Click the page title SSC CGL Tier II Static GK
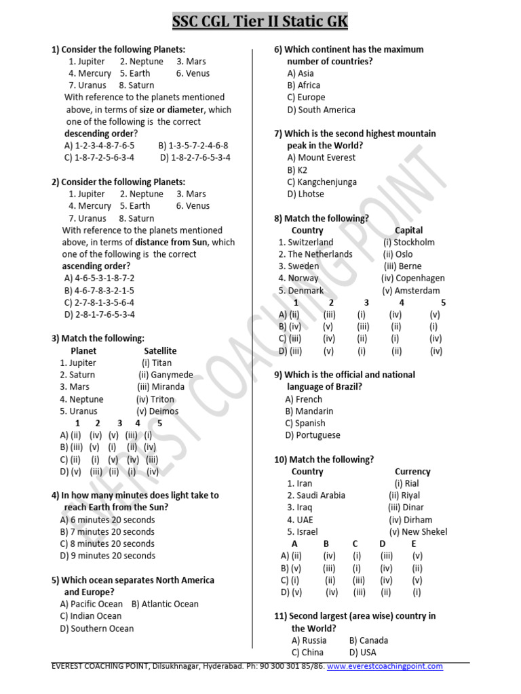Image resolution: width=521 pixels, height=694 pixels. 260,22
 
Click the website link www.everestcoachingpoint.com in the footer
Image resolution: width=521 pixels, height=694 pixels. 385,666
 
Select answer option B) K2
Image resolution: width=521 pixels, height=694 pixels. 297,169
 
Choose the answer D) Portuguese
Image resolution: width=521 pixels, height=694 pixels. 313,435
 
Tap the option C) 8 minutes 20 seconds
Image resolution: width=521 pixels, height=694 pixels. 107,544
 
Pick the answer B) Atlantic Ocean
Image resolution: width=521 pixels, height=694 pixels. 165,604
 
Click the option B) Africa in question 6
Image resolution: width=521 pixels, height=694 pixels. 303,85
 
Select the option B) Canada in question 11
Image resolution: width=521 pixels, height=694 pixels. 368,640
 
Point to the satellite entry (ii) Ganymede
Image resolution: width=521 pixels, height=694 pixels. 166,375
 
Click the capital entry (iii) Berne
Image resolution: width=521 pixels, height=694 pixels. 402,266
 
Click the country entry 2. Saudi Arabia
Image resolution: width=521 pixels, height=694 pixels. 316,495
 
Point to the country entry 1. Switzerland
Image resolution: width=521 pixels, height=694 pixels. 306,242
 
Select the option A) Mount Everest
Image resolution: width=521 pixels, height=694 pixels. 321,157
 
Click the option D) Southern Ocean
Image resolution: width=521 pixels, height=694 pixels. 97,628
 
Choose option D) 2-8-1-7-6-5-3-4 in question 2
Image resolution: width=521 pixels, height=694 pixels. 100,314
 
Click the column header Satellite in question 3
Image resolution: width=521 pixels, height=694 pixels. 160,350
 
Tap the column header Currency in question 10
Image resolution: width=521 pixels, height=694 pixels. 412,471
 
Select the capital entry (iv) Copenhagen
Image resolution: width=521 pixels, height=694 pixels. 413,278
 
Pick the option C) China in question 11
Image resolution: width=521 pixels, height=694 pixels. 307,652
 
